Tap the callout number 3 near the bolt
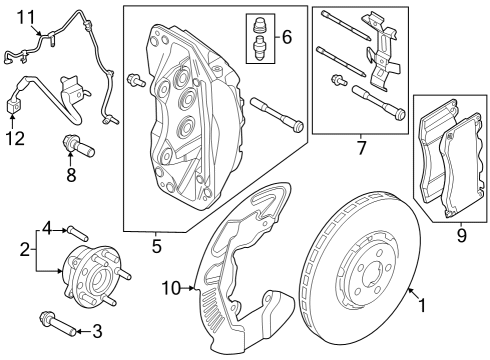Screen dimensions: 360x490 97,331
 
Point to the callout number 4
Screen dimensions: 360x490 46,230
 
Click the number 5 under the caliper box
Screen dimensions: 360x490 157,243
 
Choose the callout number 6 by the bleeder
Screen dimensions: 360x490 286,38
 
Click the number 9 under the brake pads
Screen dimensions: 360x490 461,236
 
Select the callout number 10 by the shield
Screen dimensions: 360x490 171,288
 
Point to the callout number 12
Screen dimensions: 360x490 13,138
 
